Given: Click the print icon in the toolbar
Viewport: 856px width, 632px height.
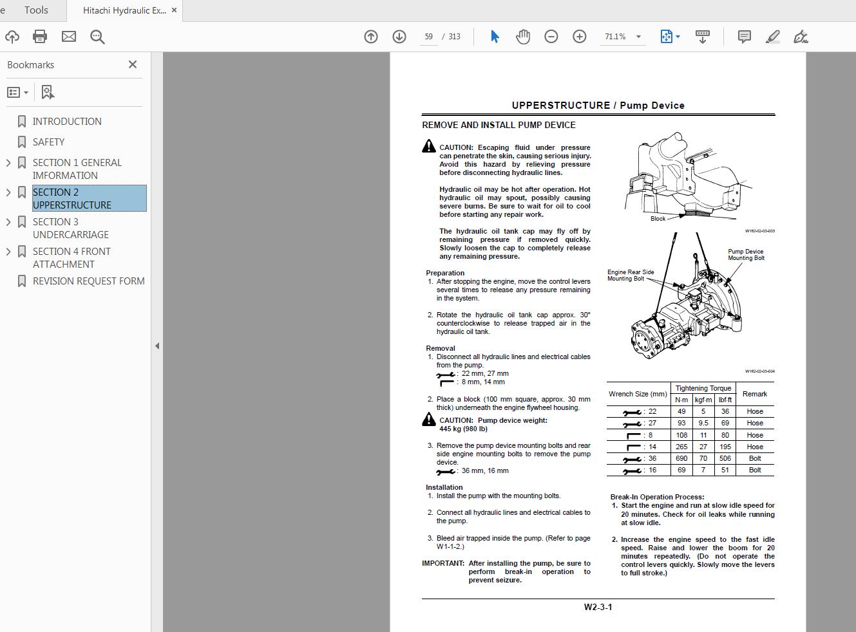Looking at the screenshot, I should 40,37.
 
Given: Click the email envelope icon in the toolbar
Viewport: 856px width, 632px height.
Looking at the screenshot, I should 69,37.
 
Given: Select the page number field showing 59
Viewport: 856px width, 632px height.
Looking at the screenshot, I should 428,37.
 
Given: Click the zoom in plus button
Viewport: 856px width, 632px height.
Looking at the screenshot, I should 580,37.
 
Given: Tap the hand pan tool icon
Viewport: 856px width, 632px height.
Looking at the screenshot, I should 523,37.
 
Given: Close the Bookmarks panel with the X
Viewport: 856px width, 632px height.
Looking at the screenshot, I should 133,64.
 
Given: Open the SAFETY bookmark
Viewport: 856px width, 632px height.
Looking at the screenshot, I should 48,142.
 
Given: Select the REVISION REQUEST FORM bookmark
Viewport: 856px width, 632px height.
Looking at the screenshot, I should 88,281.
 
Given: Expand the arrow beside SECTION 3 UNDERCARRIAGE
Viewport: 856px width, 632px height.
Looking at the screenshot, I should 8,222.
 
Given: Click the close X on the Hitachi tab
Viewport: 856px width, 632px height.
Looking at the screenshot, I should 174,10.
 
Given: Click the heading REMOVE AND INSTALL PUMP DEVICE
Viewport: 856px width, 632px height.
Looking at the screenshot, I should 499,125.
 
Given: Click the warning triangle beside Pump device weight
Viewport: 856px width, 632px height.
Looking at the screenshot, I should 429,420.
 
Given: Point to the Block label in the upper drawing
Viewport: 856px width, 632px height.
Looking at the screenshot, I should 658,219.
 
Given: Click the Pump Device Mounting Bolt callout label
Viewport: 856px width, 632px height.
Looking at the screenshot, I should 746,255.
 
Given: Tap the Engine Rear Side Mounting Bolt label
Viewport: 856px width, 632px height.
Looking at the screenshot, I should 630,275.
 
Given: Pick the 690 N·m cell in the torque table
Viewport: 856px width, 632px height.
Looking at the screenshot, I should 681,458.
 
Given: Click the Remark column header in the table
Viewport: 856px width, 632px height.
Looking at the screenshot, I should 754,394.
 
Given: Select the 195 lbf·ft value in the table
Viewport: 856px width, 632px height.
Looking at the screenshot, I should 725,447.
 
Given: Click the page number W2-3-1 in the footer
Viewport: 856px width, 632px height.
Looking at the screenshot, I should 598,607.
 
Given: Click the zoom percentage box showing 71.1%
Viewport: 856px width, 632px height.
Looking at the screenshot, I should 616,37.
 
